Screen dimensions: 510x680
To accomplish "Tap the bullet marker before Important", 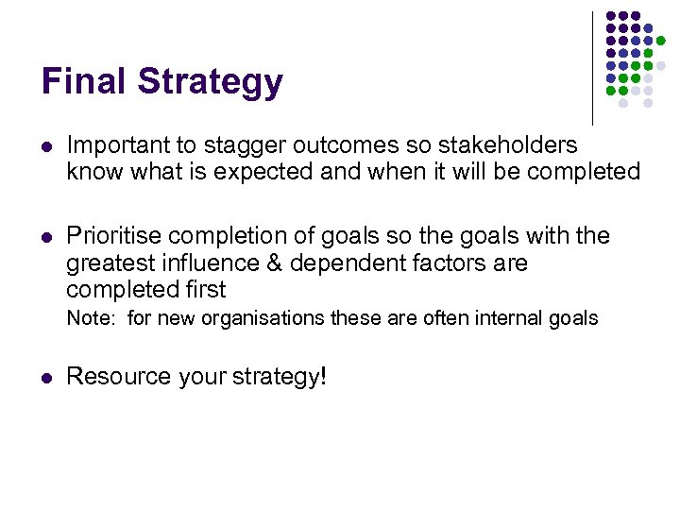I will click(46, 145).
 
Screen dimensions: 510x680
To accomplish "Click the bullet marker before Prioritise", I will click(46, 236).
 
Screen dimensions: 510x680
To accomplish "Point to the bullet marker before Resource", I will click(46, 377).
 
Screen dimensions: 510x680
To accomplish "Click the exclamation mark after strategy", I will click(323, 376).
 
